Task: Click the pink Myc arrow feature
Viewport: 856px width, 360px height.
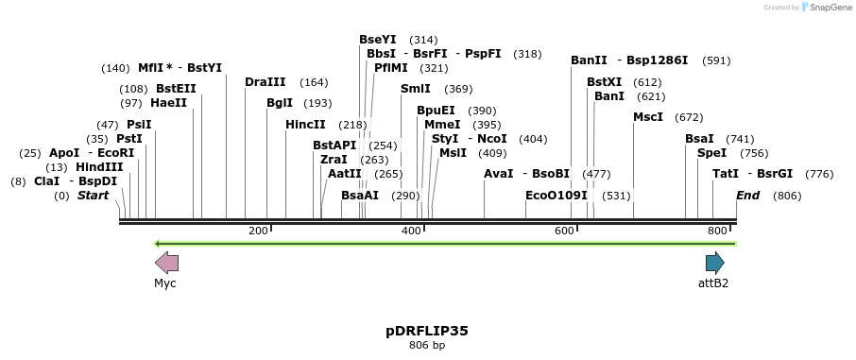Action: click(x=166, y=263)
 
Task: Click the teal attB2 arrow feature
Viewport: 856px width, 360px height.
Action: click(x=714, y=263)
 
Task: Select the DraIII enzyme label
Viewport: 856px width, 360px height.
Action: click(x=265, y=82)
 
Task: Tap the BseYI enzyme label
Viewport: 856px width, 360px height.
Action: click(x=377, y=40)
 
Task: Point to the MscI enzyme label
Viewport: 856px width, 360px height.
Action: click(x=648, y=117)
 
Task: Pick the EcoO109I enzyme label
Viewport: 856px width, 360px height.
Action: click(x=556, y=196)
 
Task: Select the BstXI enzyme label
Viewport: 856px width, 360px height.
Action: click(x=605, y=82)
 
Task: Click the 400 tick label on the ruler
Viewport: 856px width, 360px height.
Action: click(x=411, y=231)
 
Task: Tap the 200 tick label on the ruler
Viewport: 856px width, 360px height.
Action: click(x=258, y=231)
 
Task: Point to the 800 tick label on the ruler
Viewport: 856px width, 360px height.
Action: click(x=717, y=231)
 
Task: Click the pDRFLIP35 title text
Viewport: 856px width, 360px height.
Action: click(x=427, y=331)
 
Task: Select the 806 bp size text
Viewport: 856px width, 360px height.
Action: click(x=427, y=346)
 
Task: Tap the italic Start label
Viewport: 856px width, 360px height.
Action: click(x=93, y=196)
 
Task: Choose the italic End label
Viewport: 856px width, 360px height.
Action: click(x=747, y=196)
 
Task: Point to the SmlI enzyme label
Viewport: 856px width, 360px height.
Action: click(x=415, y=89)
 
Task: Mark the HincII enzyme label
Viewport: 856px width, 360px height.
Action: click(x=305, y=125)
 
